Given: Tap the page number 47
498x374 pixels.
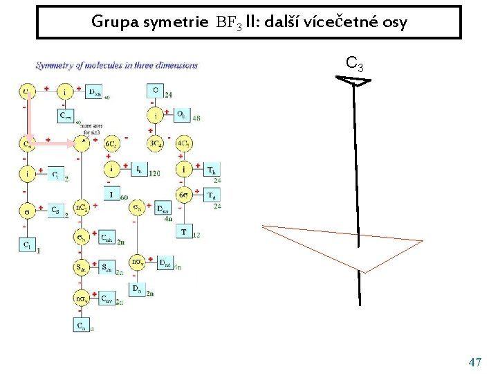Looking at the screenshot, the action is pos(474,362).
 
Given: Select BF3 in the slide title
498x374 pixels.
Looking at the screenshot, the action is pos(228,22).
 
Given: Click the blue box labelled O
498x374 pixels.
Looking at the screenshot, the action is pos(156,90).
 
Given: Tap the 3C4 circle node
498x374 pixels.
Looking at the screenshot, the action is pos(156,143).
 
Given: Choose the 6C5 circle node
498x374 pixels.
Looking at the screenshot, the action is pos(111,143).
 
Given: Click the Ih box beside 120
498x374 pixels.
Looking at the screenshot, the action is pos(138,169).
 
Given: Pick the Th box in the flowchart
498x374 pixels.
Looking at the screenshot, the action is pos(213,169).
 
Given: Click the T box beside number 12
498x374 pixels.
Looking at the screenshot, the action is pos(183,231).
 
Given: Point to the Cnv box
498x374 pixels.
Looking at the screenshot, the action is pos(107,299).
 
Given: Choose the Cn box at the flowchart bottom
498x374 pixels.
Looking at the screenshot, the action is pos(81,324).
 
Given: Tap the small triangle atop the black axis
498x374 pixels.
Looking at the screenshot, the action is pos(353,81).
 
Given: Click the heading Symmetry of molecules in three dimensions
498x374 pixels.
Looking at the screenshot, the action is pos(116,66).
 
